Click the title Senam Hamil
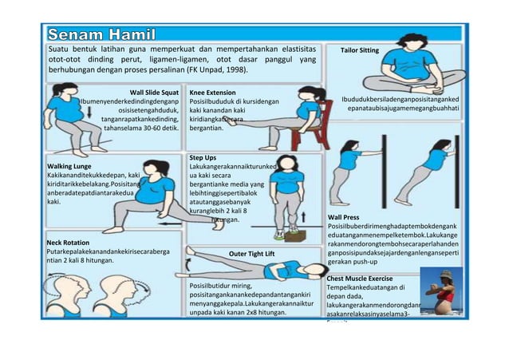[x=108, y=36]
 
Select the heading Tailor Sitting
[x=359, y=50]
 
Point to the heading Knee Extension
[x=213, y=93]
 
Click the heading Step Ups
[x=203, y=156]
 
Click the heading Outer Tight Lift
[x=251, y=254]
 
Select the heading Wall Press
[x=343, y=217]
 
